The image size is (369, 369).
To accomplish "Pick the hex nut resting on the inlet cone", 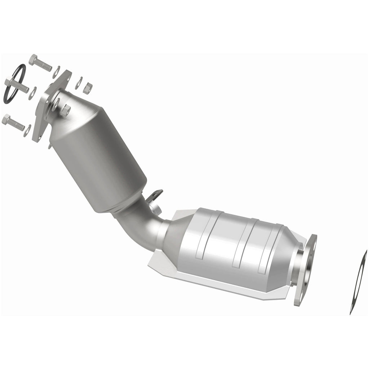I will [67, 108].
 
